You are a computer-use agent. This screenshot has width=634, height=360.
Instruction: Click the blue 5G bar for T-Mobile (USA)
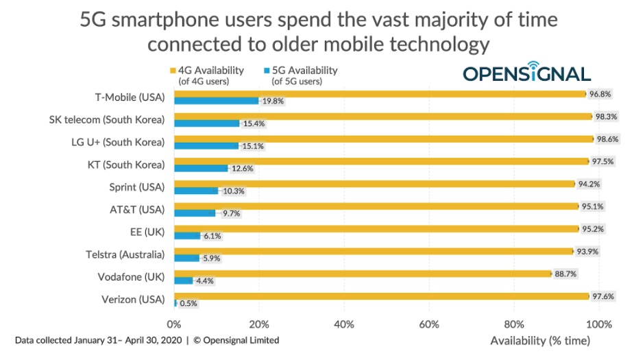click(x=216, y=101)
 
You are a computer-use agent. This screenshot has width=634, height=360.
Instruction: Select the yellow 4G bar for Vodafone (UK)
click(x=363, y=274)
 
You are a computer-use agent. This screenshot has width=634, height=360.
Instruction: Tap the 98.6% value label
click(x=606, y=139)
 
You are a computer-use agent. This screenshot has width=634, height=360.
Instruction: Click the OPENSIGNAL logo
click(x=526, y=74)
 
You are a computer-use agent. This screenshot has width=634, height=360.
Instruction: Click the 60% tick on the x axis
click(x=428, y=324)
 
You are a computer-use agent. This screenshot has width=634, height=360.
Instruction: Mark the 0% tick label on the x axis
click(x=174, y=324)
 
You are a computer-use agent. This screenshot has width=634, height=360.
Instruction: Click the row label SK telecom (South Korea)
click(x=107, y=119)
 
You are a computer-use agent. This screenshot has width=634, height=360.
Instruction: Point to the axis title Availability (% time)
click(x=539, y=340)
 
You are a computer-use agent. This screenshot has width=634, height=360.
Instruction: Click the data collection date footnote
click(x=147, y=340)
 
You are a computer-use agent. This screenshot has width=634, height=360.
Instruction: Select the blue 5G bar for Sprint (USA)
click(x=196, y=191)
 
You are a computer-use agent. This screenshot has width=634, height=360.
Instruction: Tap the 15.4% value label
click(x=252, y=123)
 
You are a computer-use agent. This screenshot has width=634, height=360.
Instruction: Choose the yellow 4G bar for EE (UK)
click(x=376, y=228)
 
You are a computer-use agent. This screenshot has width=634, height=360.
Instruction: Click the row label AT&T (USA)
click(x=137, y=209)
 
